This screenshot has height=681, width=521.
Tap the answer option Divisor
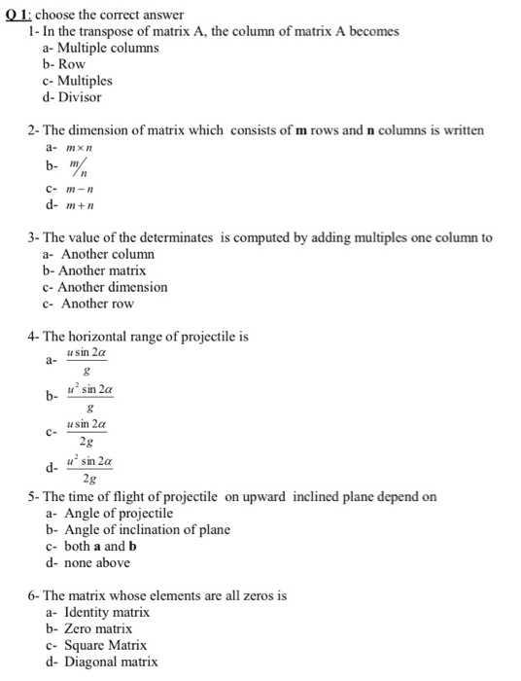click(80, 97)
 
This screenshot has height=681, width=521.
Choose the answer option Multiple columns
click(109, 48)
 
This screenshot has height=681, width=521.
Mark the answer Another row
click(97, 304)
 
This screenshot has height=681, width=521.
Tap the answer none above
click(96, 562)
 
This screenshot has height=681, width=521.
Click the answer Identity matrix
click(106, 612)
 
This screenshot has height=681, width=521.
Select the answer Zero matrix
click(97, 628)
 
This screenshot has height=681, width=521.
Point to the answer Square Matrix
click(105, 645)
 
